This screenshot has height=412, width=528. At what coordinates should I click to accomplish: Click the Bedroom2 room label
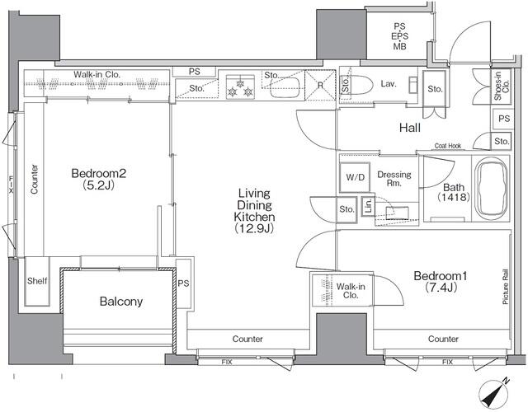tap(97, 179)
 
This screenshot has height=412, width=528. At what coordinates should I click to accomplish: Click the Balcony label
tap(121, 302)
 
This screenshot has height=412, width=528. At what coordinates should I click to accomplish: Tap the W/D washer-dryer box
tap(355, 177)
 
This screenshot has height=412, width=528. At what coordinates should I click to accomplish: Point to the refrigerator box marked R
tap(320, 84)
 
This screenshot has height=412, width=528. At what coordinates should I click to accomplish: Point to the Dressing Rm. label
tap(394, 179)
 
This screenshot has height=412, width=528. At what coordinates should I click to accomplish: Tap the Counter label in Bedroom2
tap(35, 178)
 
